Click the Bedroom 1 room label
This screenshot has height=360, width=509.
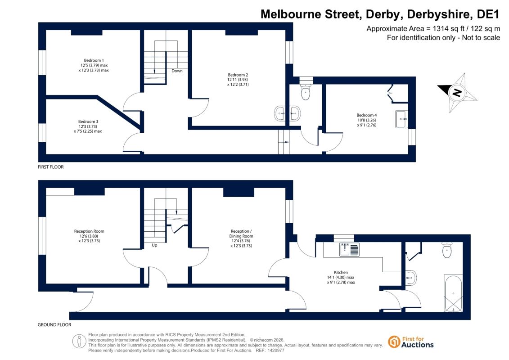pyautogui.click(x=94, y=60)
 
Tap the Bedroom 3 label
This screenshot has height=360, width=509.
pyautogui.click(x=88, y=122)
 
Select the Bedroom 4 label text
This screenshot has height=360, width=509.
pyautogui.click(x=366, y=115)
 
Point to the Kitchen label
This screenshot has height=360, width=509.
pyautogui.click(x=341, y=272)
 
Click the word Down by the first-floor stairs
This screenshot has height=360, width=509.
pyautogui.click(x=177, y=71)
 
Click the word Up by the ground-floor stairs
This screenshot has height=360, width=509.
pyautogui.click(x=154, y=245)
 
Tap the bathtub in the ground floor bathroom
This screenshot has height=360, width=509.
pyautogui.click(x=453, y=293)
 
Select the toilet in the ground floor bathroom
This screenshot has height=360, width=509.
pyautogui.click(x=447, y=250)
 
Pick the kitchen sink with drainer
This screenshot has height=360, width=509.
pyautogui.click(x=349, y=249)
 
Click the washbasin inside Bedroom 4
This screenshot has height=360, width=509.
pyautogui.click(x=401, y=119)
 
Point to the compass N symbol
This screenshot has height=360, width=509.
pyautogui.click(x=457, y=93)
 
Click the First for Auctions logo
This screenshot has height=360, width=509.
pyautogui.click(x=411, y=342)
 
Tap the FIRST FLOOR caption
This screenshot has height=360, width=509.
pyautogui.click(x=51, y=167)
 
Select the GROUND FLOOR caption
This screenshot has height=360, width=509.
pyautogui.click(x=54, y=324)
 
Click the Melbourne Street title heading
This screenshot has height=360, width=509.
pyautogui.click(x=380, y=14)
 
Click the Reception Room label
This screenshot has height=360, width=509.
pyautogui.click(x=89, y=231)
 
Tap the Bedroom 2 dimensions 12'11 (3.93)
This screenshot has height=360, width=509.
pyautogui.click(x=238, y=80)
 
